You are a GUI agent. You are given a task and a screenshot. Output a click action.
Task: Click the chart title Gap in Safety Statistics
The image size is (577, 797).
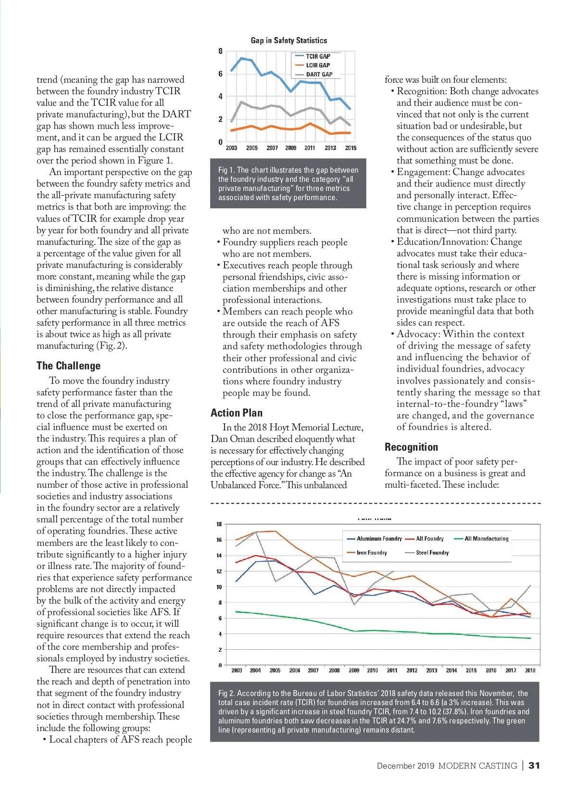(x=288, y=40)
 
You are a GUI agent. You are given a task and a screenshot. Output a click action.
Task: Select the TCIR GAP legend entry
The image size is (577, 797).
(x=318, y=56)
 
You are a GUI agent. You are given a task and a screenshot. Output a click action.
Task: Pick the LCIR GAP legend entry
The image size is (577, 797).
(x=318, y=65)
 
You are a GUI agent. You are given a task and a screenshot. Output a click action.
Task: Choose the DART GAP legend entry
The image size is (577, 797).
(x=319, y=75)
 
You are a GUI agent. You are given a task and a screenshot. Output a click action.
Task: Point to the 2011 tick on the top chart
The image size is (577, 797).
(x=310, y=148)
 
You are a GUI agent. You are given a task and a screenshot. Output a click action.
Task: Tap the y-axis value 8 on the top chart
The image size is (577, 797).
(x=220, y=51)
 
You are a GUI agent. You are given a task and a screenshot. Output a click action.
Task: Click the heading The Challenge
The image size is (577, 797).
(x=68, y=366)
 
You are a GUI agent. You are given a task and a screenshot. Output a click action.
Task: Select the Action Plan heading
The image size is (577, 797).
(x=237, y=413)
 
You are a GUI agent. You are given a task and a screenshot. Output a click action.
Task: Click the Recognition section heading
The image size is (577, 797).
(x=411, y=447)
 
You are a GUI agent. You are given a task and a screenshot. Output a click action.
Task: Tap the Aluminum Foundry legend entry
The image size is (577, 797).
(x=379, y=539)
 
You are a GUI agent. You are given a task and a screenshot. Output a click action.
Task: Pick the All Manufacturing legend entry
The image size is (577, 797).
(x=486, y=539)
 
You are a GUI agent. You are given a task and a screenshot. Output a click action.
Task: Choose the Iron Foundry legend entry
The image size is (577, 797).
(x=371, y=553)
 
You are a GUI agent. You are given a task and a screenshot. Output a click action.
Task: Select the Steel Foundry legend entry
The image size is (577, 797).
(x=432, y=553)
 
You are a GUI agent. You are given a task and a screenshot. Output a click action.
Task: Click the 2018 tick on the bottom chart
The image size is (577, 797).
(x=530, y=670)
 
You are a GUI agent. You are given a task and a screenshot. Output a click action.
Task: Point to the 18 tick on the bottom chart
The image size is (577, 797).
(x=219, y=524)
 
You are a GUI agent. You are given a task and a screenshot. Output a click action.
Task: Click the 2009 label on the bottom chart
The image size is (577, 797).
(x=354, y=670)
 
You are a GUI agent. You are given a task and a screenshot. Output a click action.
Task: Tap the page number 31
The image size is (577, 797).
(x=534, y=766)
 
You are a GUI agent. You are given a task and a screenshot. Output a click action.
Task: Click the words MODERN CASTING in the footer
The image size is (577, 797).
(x=477, y=766)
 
